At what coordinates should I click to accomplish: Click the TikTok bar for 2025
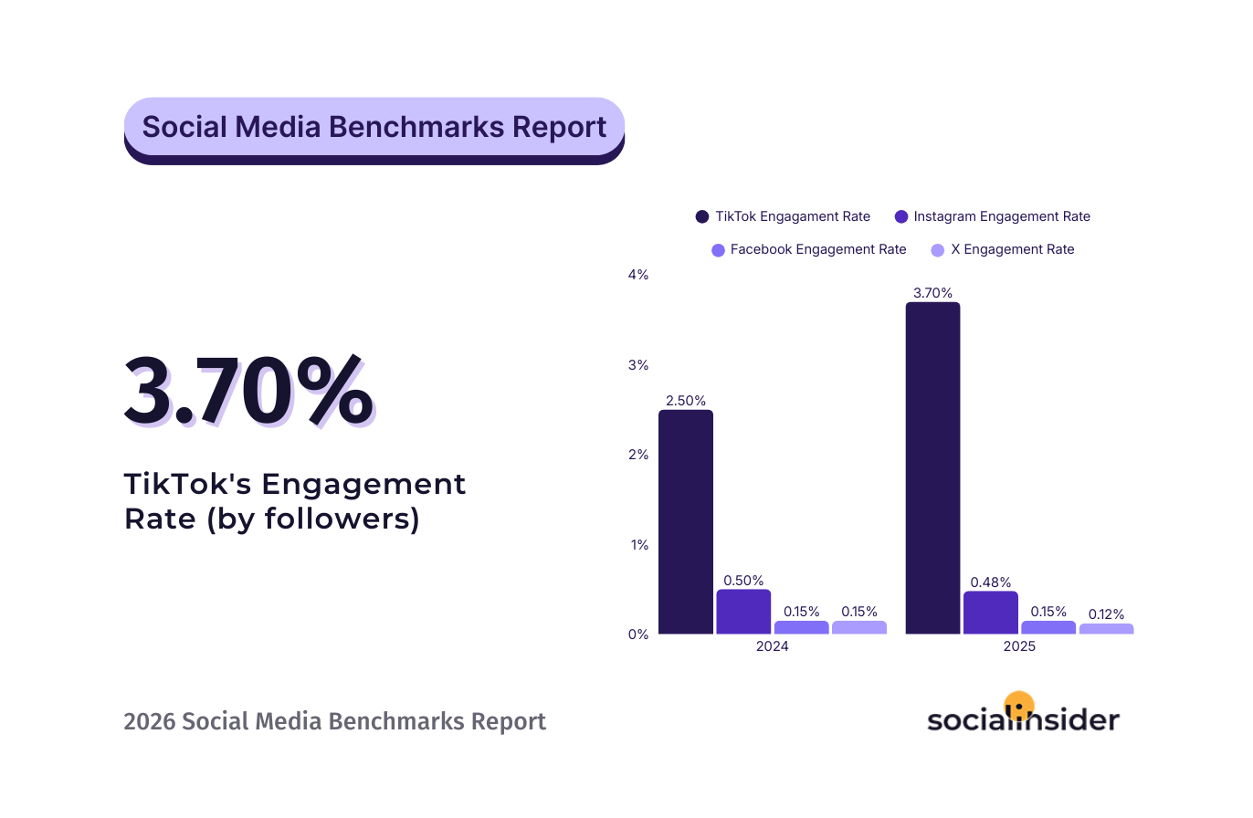point(932,467)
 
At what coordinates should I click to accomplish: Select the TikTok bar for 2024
point(685,521)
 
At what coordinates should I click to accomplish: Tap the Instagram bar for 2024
point(743,612)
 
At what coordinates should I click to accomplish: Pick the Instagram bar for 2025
point(991,613)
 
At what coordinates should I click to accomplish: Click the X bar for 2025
point(1106,629)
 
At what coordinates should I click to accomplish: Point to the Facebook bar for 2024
point(802,627)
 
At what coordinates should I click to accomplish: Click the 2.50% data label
point(685,400)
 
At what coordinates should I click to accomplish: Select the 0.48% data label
point(991,582)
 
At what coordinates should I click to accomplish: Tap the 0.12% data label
point(1106,614)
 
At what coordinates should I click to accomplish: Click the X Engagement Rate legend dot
point(936,249)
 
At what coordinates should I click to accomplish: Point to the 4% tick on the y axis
point(637,275)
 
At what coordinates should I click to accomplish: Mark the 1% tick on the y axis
point(637,544)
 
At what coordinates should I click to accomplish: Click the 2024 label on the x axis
point(772,645)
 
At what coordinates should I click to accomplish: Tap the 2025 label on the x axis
point(1019,645)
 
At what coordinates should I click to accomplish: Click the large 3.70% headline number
point(248,393)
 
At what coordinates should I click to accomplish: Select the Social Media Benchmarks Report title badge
point(374,127)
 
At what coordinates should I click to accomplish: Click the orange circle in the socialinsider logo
point(1018,705)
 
